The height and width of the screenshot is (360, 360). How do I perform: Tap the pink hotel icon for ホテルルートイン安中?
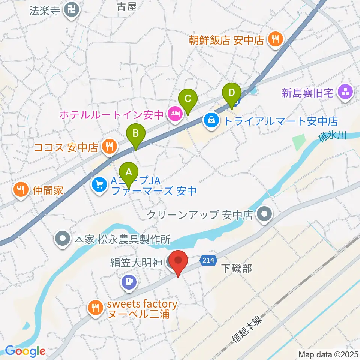pos(174,112)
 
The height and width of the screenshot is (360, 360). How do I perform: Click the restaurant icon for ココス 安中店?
pos(109,146)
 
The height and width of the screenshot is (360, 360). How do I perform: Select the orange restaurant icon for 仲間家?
pos(21,189)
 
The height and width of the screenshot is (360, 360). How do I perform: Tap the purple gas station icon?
pos(129,281)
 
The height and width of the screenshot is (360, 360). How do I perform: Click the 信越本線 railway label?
pos(248,329)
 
